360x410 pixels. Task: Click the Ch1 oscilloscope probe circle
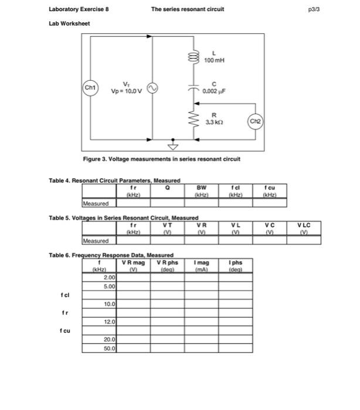click(90, 88)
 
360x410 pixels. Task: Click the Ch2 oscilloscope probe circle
click(256, 121)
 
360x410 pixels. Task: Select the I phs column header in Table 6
click(236, 265)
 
